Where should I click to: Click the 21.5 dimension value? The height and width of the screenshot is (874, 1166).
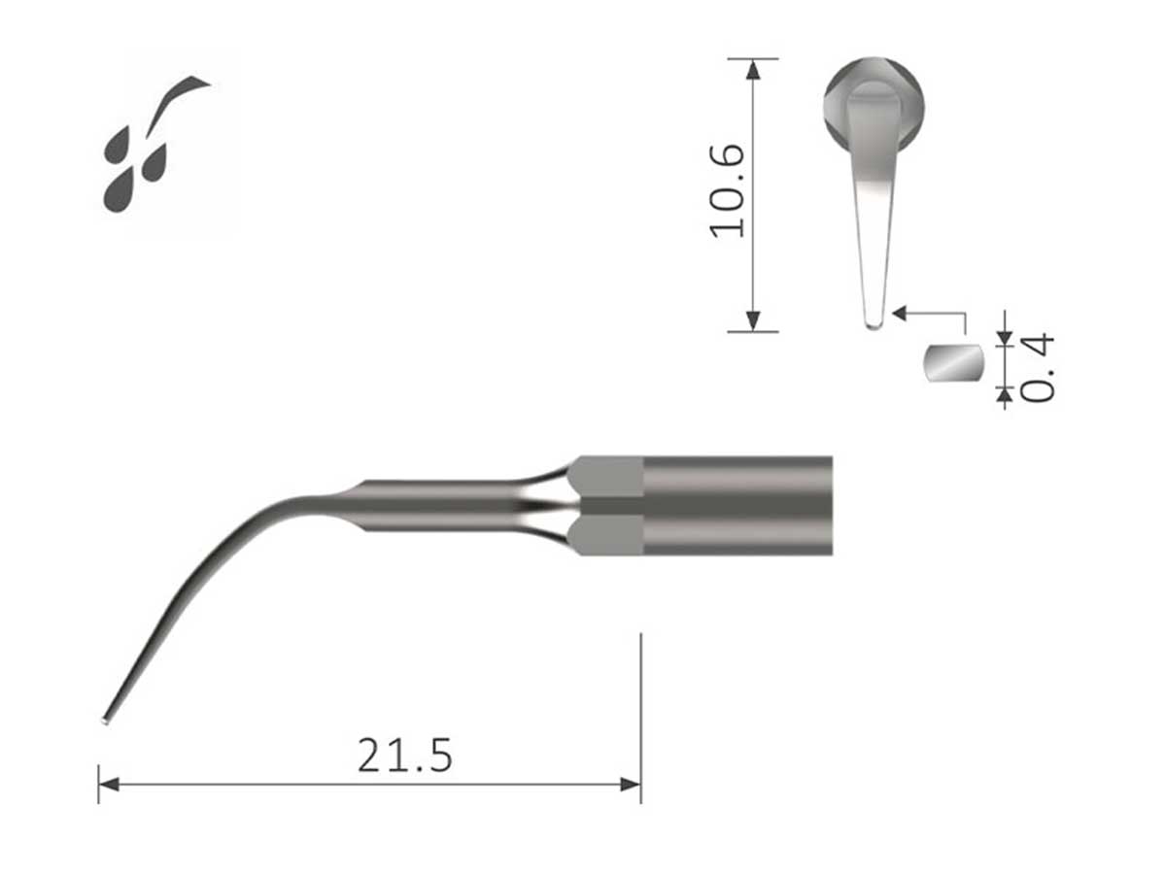point(404,756)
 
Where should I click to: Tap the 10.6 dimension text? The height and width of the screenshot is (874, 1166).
point(728,190)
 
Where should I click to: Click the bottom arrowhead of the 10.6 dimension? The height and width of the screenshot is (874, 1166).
point(753,322)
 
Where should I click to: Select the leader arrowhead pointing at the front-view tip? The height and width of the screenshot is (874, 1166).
point(900,313)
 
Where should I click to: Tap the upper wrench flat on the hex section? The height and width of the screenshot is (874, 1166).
point(606,476)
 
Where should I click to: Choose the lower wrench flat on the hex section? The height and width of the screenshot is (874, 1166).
point(606,535)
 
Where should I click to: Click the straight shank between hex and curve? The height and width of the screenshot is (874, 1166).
point(437,505)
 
